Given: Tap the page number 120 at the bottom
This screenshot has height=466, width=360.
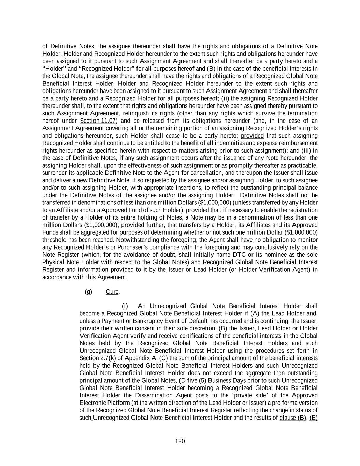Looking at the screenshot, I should (180, 441).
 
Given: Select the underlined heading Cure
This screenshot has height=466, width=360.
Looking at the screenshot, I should (112, 292).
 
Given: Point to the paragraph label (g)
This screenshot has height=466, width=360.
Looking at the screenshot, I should (88, 292).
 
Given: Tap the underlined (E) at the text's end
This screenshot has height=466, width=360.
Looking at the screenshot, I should (314, 418).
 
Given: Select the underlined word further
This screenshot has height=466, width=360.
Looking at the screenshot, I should (155, 225).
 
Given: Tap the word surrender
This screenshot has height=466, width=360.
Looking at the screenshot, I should (53, 173).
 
